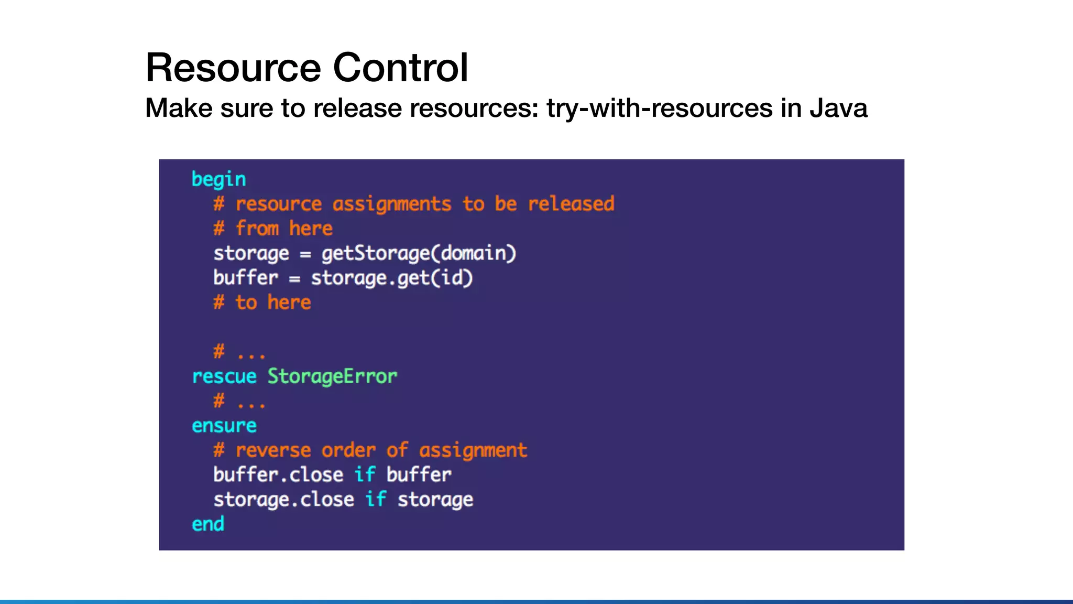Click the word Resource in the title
coord(233,68)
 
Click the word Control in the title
coord(400,68)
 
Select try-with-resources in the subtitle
coord(660,108)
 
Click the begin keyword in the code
coord(218,179)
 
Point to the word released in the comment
coord(571,203)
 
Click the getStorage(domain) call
coord(419,253)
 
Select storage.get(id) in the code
coord(392,278)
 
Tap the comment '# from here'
coord(273,229)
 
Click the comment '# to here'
coord(262,303)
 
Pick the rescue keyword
coord(224,376)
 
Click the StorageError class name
coord(332,376)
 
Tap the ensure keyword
coord(224,426)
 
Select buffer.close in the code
coord(278,475)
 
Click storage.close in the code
coord(283,500)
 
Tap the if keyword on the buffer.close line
coord(365,475)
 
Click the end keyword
coord(208,524)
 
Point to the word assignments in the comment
coord(391,203)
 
